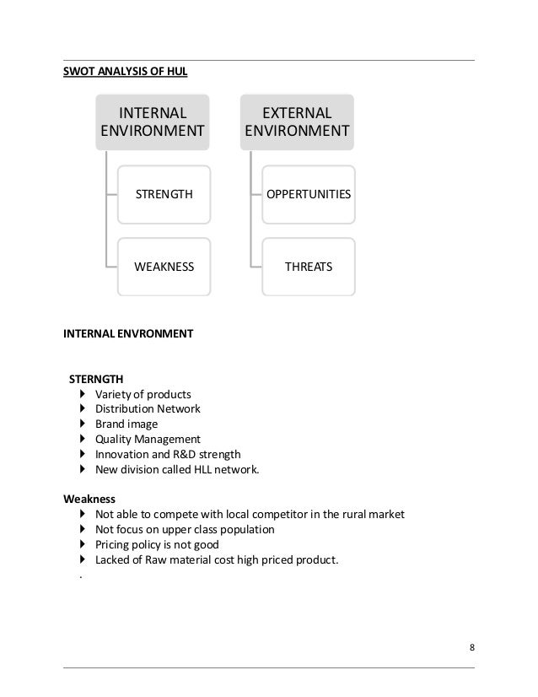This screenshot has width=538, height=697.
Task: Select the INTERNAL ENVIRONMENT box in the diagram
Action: click(153, 122)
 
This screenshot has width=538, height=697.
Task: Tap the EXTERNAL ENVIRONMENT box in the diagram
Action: click(297, 122)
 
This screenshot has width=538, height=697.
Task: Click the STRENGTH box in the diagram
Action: click(164, 194)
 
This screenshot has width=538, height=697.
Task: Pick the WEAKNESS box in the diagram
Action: click(164, 267)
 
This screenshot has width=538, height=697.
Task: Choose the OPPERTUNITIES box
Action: click(308, 194)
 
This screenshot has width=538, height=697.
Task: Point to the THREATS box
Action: click(308, 267)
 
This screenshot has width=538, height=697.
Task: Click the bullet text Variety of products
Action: click(143, 394)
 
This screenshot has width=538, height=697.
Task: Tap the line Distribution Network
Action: click(148, 409)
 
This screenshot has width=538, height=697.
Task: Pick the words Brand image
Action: click(126, 424)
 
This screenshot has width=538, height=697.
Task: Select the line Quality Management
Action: click(148, 440)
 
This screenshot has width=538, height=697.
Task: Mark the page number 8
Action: click(471, 648)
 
